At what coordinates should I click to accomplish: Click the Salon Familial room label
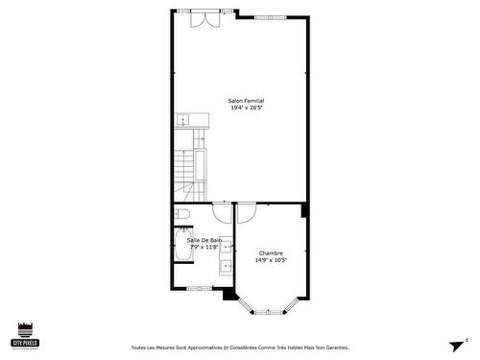click(246, 101)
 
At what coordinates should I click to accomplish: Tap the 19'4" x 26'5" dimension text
click(246, 108)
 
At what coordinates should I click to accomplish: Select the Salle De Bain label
click(204, 240)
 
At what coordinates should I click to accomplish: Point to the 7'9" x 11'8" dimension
click(204, 247)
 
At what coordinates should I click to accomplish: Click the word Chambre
click(271, 252)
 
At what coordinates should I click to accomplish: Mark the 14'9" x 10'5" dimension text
click(271, 259)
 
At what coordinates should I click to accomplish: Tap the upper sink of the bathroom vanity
click(228, 247)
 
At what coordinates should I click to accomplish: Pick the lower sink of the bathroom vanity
click(228, 266)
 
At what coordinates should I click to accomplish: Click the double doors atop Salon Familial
click(204, 21)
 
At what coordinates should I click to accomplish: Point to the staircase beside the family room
click(200, 163)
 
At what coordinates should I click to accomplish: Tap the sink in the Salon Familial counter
click(182, 121)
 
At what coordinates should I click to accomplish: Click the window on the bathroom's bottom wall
click(200, 288)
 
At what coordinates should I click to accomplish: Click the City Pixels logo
click(25, 333)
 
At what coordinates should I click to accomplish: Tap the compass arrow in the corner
click(455, 345)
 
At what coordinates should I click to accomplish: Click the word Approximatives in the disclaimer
click(202, 348)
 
